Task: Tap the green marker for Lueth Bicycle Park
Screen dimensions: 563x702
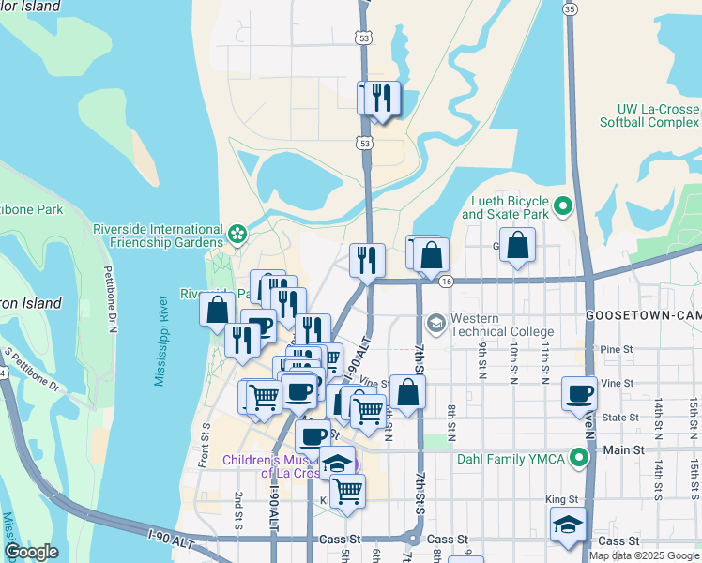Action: (563, 205)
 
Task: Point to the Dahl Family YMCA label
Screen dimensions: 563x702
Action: (513, 459)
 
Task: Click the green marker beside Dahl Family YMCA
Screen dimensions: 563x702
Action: (579, 459)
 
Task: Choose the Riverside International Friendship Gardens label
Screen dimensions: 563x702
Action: (157, 236)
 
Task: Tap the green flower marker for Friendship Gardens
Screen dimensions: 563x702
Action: (237, 231)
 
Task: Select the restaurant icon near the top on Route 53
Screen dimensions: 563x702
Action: (381, 99)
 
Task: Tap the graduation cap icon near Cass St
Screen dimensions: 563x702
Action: (569, 525)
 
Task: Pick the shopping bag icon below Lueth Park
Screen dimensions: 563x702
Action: (517, 246)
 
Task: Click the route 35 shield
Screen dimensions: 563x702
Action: (570, 8)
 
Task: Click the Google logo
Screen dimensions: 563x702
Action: (31, 552)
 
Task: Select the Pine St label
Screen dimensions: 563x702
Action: (612, 349)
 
